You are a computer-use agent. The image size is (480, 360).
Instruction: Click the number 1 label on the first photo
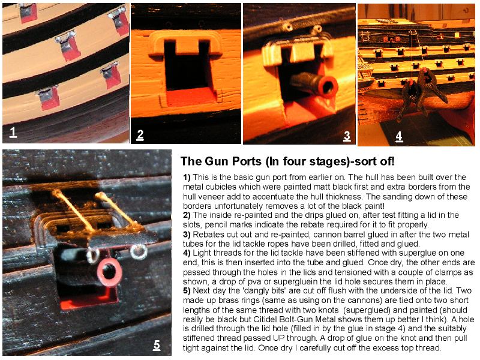click(13, 132)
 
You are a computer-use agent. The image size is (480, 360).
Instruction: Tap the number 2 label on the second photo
click(140, 135)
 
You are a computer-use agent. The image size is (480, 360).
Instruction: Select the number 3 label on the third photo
click(347, 136)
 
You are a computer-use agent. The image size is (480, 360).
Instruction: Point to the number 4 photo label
click(399, 136)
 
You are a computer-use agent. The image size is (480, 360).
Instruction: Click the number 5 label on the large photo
click(157, 344)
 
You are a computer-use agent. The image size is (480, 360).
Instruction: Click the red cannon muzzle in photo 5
click(109, 272)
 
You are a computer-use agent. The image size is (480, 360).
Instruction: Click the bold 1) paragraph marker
click(187, 177)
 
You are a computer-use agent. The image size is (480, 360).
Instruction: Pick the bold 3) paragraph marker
click(187, 235)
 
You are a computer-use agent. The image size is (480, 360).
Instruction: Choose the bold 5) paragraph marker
click(187, 290)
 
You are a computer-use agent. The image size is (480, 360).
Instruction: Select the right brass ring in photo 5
click(139, 251)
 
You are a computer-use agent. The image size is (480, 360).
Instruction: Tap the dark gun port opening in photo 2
click(187, 69)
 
